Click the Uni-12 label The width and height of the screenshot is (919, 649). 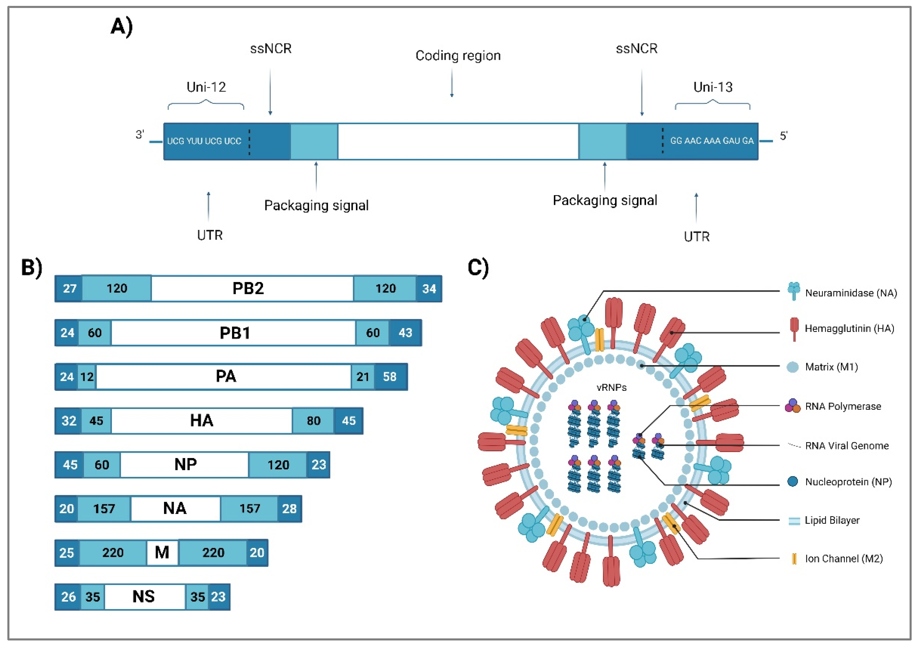206,87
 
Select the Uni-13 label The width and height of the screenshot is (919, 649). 713,87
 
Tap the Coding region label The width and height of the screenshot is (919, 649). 458,55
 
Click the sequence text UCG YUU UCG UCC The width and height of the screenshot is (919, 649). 204,141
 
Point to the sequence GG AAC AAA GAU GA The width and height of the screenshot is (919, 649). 712,141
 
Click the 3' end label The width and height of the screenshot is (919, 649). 139,135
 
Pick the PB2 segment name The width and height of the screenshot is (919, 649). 248,289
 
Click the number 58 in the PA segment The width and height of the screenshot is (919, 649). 390,377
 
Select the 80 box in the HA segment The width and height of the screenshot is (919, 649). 313,421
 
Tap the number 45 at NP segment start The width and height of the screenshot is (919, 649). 70,465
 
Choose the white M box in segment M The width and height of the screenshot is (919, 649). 162,552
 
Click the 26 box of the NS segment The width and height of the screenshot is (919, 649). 68,597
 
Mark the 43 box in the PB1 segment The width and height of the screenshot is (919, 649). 405,332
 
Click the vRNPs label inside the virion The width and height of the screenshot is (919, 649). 611,387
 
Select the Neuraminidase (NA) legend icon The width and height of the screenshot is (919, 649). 793,291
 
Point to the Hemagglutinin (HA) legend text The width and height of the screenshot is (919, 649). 849,329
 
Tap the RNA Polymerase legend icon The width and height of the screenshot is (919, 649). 792,406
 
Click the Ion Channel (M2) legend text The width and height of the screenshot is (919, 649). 844,559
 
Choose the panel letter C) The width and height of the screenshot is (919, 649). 478,267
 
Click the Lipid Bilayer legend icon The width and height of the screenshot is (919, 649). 794,521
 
